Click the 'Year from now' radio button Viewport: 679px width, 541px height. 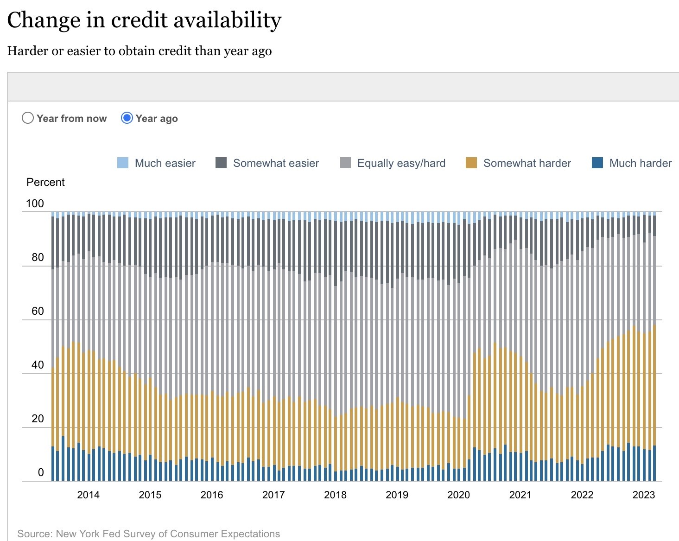[x=28, y=118]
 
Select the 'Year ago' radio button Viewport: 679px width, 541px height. [x=127, y=118]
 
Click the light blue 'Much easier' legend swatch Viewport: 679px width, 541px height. [x=123, y=163]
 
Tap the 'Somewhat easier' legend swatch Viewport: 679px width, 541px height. [x=221, y=163]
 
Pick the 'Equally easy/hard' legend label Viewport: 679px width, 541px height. [x=401, y=163]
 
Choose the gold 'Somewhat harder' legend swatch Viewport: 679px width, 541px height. [x=471, y=163]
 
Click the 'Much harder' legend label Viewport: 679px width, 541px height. [x=640, y=163]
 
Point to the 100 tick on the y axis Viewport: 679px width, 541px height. [x=35, y=204]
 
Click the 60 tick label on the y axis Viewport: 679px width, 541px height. [x=38, y=311]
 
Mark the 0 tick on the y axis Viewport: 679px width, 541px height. [x=41, y=472]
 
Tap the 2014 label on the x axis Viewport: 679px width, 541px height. [x=88, y=495]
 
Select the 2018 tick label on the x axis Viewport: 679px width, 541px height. [x=335, y=495]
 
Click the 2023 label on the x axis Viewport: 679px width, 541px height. [x=644, y=495]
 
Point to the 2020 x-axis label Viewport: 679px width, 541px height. [x=458, y=495]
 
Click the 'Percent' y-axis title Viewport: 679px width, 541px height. [x=45, y=182]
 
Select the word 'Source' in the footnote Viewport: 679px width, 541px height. [x=34, y=534]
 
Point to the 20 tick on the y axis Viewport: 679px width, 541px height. [x=38, y=419]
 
